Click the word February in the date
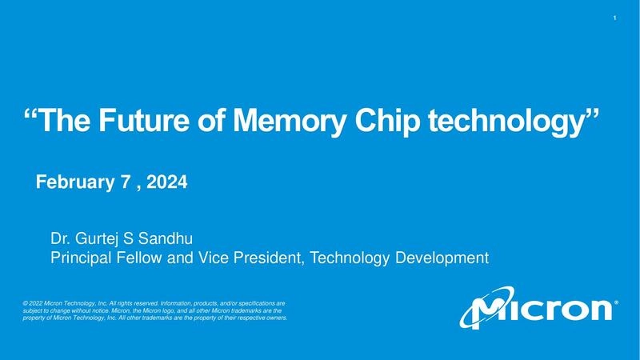70,183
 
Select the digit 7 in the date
125,183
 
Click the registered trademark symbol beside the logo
614,303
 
